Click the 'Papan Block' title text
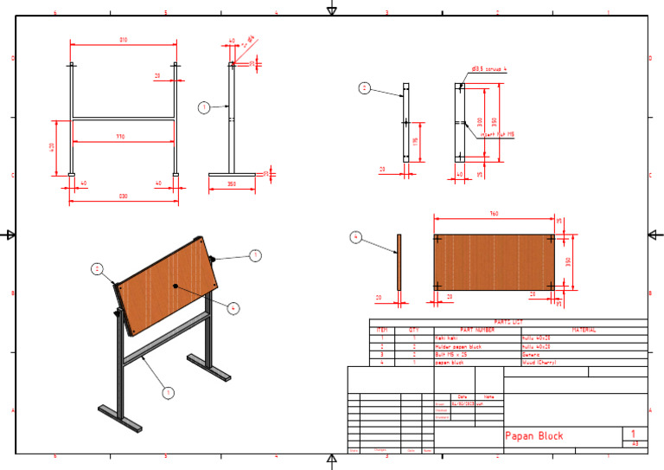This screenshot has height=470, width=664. [x=533, y=435]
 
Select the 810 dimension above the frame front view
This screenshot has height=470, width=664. [x=124, y=40]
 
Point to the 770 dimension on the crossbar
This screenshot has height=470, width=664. [x=124, y=136]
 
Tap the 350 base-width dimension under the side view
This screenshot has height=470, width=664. [x=232, y=184]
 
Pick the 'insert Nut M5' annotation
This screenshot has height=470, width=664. [x=498, y=134]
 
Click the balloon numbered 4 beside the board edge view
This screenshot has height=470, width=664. [x=354, y=236]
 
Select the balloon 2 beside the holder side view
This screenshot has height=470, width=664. [x=364, y=87]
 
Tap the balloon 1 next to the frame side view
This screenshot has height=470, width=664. [x=203, y=107]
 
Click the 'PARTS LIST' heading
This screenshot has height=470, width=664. [x=508, y=322]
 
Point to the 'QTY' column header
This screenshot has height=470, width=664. [x=414, y=330]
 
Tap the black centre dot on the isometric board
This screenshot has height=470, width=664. [x=176, y=286]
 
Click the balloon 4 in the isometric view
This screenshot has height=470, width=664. [x=232, y=306]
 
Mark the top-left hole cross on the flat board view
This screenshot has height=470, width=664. [x=438, y=239]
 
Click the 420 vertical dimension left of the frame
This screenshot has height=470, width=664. [x=52, y=147]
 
